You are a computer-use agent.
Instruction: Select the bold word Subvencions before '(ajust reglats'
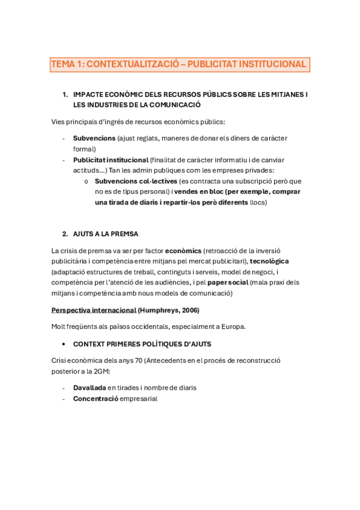coord(94,138)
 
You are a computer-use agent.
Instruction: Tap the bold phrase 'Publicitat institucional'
coord(111,160)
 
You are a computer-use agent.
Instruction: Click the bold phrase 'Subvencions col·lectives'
coord(136,181)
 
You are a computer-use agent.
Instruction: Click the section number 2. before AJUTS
coord(65,234)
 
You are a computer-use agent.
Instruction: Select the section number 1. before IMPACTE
coord(65,94)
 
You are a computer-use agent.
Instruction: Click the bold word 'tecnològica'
coord(269,261)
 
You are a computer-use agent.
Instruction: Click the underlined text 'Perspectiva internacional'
coord(94,310)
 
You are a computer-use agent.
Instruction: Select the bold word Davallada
coord(90,387)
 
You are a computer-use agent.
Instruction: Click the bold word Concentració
coord(96,398)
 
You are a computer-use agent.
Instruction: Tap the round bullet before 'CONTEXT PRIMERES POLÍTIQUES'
coord(64,344)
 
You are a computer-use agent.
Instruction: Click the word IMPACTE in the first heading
coord(89,94)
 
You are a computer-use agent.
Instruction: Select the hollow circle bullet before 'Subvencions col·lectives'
coord(87,182)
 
